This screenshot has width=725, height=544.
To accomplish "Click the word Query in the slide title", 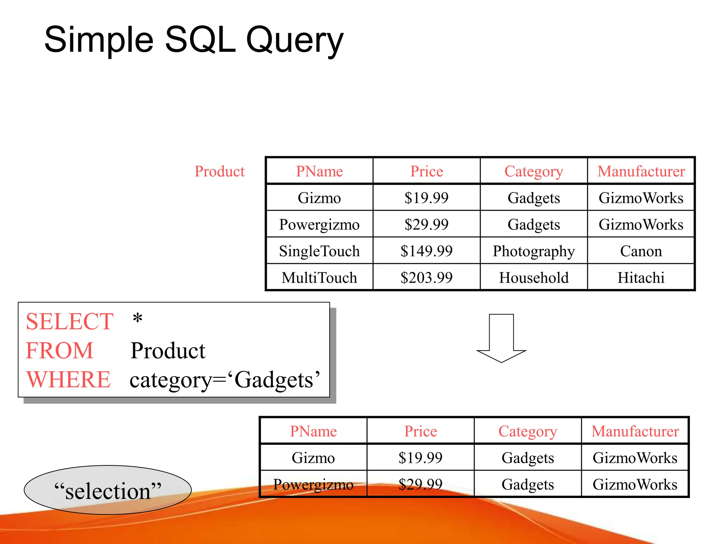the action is (295, 40).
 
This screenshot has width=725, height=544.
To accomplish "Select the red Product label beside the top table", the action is (219, 171).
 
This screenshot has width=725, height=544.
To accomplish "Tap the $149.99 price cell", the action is (426, 251).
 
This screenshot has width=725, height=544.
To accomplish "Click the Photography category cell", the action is (533, 251).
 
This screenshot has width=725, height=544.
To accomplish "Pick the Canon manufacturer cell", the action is (641, 251).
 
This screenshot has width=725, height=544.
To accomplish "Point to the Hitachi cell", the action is (641, 278).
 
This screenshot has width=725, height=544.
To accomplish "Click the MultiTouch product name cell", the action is (319, 278).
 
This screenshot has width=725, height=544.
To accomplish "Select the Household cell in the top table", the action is (533, 278).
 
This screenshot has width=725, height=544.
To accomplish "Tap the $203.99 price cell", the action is (426, 278).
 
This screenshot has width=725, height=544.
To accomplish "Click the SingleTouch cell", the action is (319, 251).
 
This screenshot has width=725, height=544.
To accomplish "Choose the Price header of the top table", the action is (426, 171).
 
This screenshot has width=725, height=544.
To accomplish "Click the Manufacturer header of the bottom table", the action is (635, 431).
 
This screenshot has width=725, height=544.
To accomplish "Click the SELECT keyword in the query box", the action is (70, 322).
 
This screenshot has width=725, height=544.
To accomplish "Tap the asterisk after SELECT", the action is (137, 319).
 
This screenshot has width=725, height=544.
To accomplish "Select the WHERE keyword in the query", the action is (69, 380).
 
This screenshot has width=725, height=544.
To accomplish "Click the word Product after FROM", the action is (168, 351).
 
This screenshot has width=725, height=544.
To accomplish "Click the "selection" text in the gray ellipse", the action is (108, 491).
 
